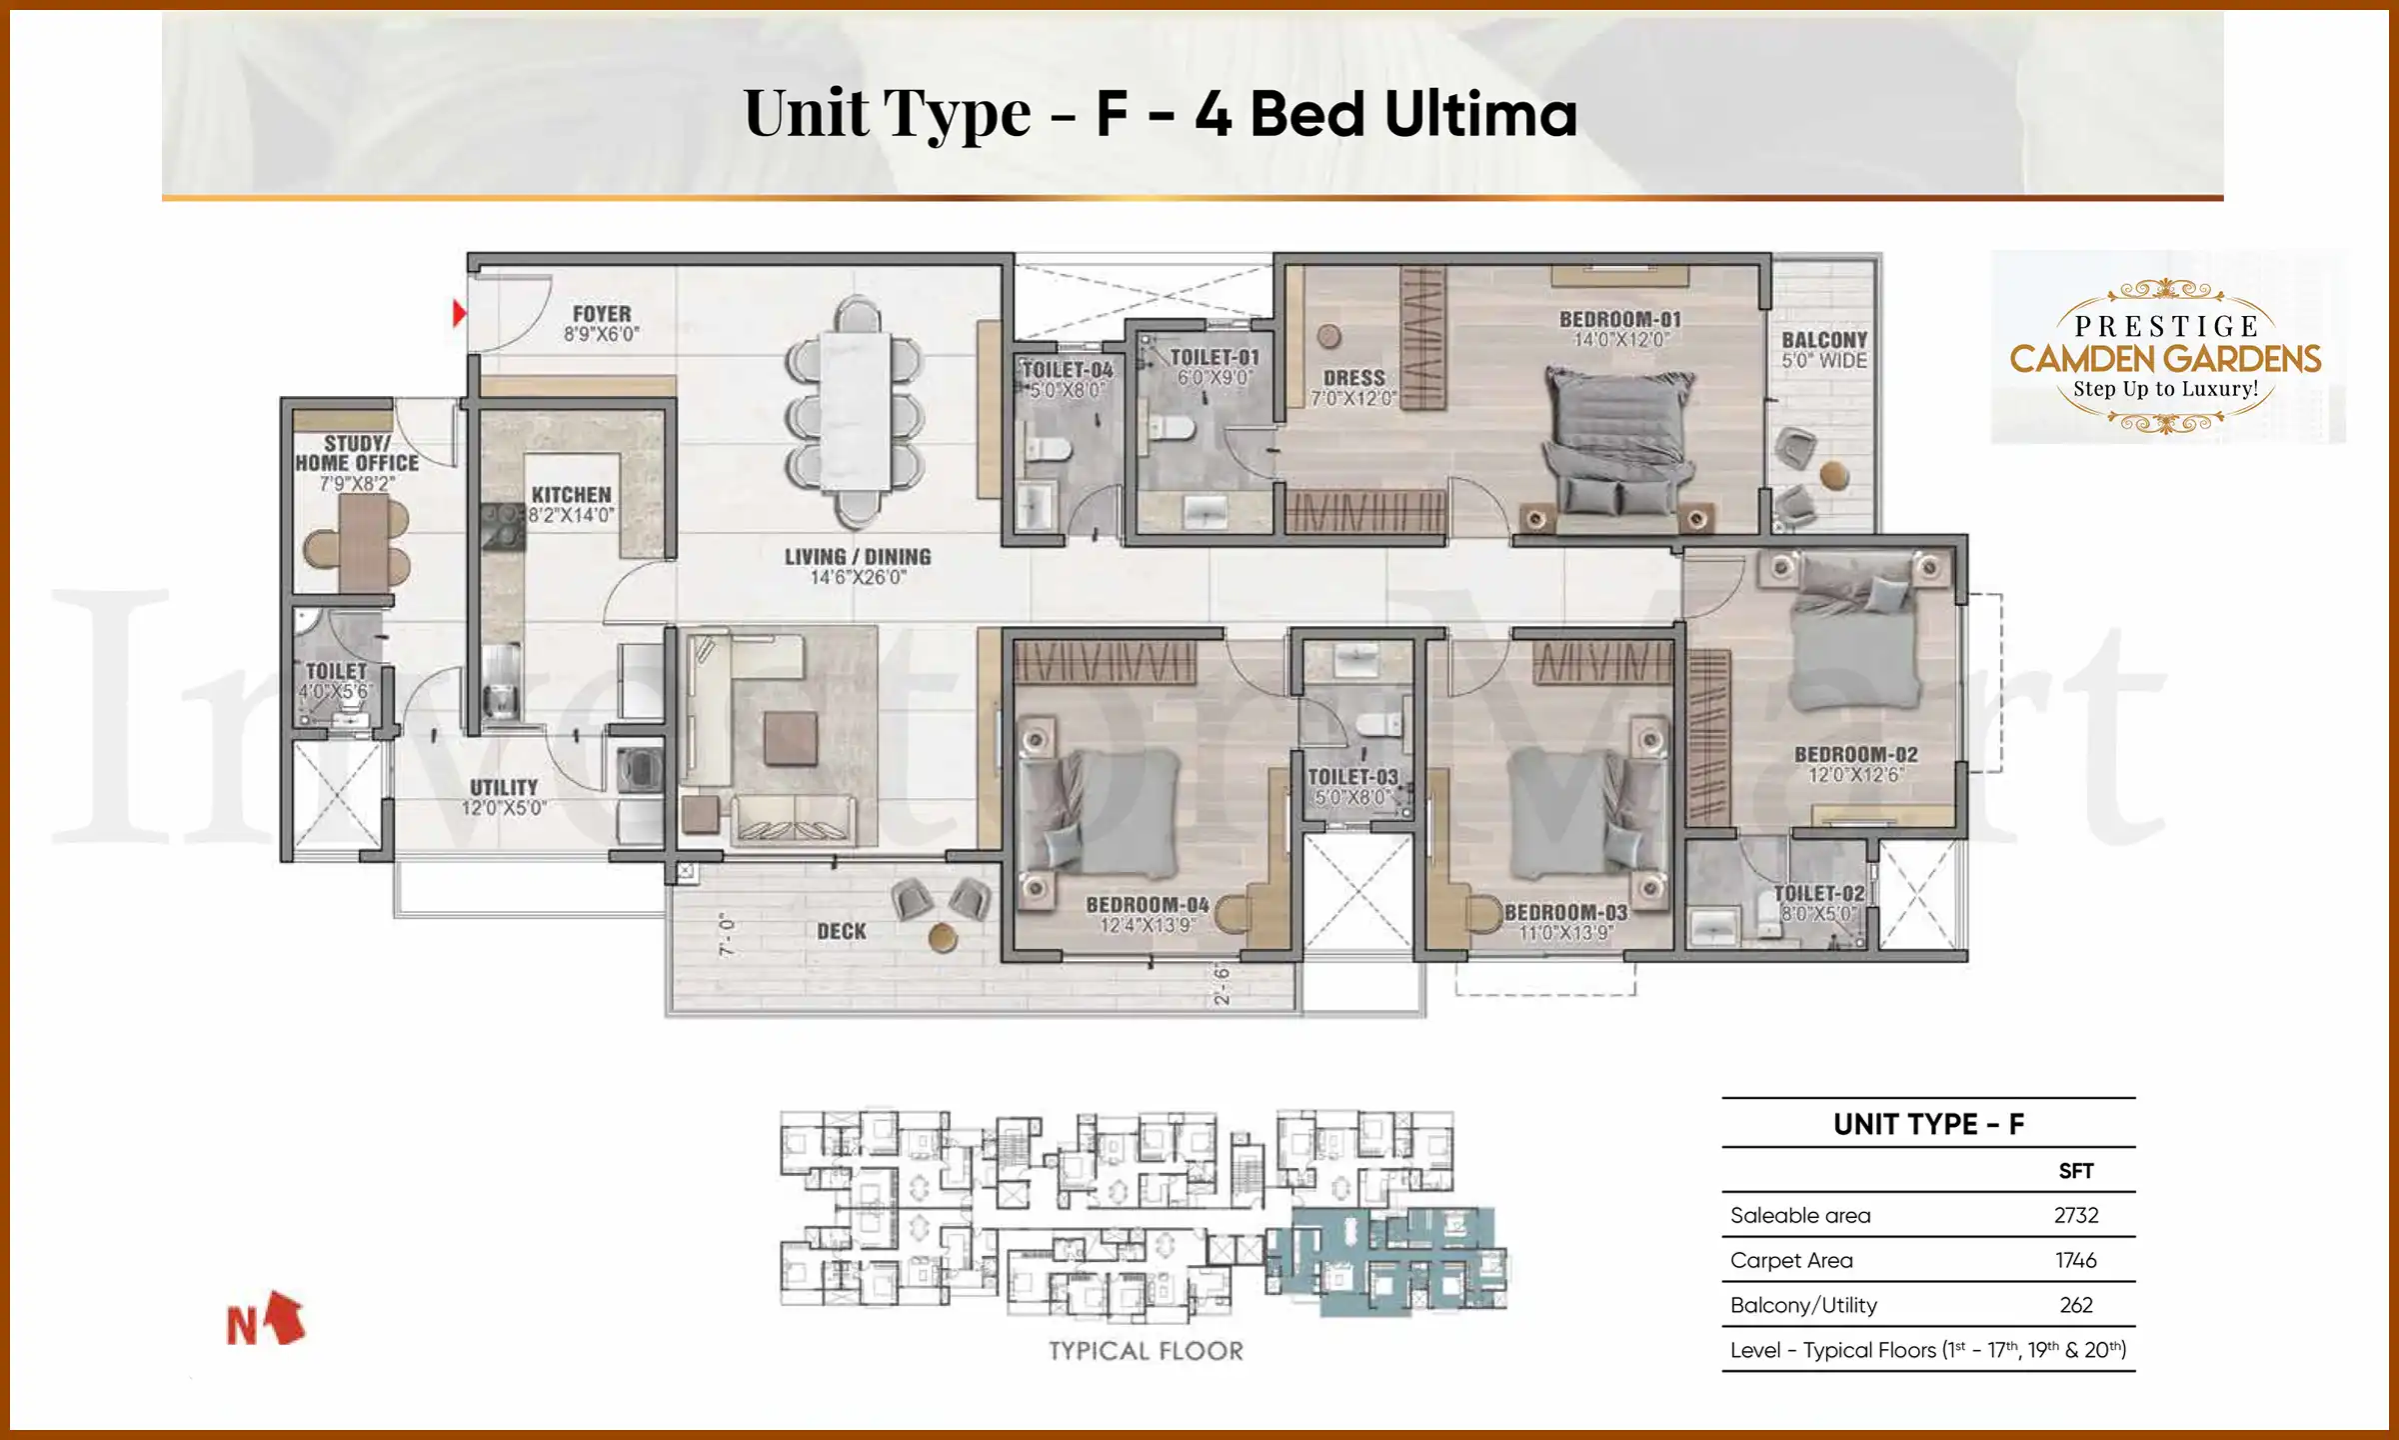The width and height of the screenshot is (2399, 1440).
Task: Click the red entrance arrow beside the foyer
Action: click(x=459, y=313)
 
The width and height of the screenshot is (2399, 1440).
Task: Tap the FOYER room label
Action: click(x=602, y=314)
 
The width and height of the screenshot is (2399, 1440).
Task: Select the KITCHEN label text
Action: click(x=571, y=495)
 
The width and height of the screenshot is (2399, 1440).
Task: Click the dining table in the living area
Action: click(x=856, y=410)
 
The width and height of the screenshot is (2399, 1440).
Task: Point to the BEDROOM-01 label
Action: click(x=1620, y=319)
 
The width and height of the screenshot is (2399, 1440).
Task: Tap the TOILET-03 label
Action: click(x=1352, y=777)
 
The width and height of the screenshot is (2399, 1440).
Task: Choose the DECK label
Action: click(x=842, y=931)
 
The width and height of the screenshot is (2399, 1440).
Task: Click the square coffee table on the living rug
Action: click(x=790, y=738)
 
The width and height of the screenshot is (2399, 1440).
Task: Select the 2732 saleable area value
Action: click(x=2075, y=1215)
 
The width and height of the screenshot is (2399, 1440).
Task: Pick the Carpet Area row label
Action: click(x=1791, y=1260)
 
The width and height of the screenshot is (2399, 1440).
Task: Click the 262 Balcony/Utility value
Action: click(x=2075, y=1305)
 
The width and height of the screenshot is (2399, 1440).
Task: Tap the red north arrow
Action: click(x=286, y=1317)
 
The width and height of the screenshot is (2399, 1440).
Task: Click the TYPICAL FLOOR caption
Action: click(x=1146, y=1351)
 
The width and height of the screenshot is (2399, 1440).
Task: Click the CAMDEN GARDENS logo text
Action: click(x=2165, y=358)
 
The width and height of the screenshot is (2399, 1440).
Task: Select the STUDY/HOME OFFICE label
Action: click(x=357, y=453)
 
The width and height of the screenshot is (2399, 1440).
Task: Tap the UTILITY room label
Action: click(x=504, y=788)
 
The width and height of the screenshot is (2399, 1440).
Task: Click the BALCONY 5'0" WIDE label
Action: click(x=1824, y=349)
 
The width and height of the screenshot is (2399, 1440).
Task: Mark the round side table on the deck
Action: click(x=943, y=937)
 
